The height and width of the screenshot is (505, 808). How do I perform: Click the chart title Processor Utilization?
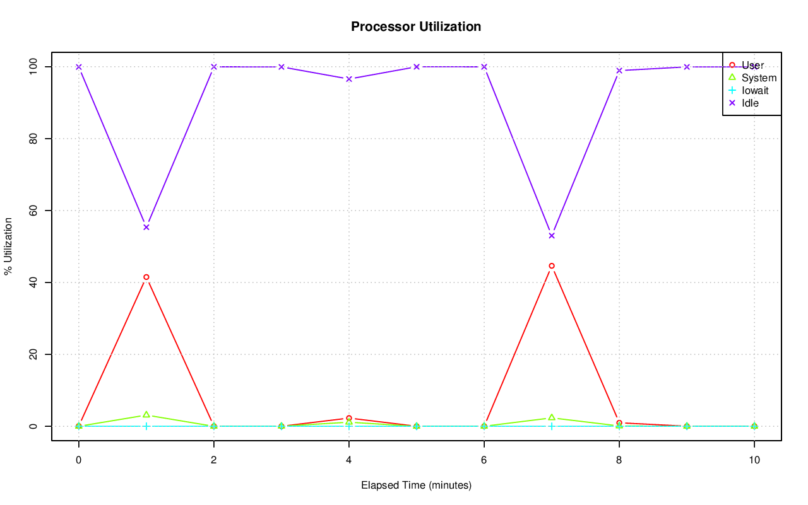point(416,26)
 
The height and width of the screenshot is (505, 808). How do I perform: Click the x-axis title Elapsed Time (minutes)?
point(416,485)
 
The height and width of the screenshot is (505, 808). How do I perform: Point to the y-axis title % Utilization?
point(8,246)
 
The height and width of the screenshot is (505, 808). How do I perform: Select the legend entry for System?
point(759,78)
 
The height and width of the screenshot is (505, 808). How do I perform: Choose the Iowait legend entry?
point(755,90)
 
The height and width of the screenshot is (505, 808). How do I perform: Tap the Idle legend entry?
point(750,103)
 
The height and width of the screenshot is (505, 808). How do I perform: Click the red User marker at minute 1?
point(146,277)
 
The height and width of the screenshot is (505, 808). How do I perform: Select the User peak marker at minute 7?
point(552,266)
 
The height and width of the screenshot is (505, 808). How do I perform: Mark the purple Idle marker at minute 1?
point(146,227)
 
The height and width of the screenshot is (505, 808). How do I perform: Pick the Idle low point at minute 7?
point(552,236)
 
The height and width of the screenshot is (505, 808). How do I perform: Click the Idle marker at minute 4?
point(349,79)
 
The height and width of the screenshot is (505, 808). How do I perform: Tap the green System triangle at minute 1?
point(146,415)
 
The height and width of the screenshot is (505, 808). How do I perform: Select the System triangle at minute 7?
point(552,417)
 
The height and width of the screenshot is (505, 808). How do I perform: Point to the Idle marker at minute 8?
point(619,71)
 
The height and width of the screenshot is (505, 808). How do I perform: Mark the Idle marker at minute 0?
point(79,67)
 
